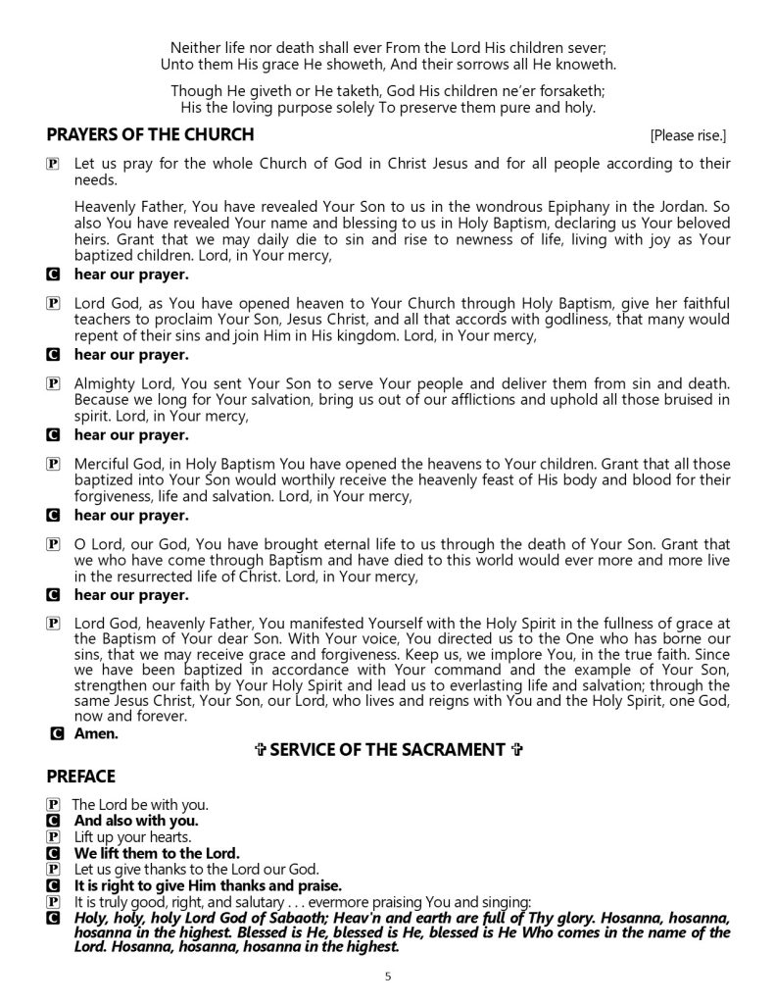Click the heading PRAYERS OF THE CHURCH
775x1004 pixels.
(150, 134)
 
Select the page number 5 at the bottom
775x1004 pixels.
(388, 976)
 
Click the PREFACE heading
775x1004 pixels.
(87, 776)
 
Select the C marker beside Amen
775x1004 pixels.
(59, 731)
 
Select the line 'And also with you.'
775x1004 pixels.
(136, 820)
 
